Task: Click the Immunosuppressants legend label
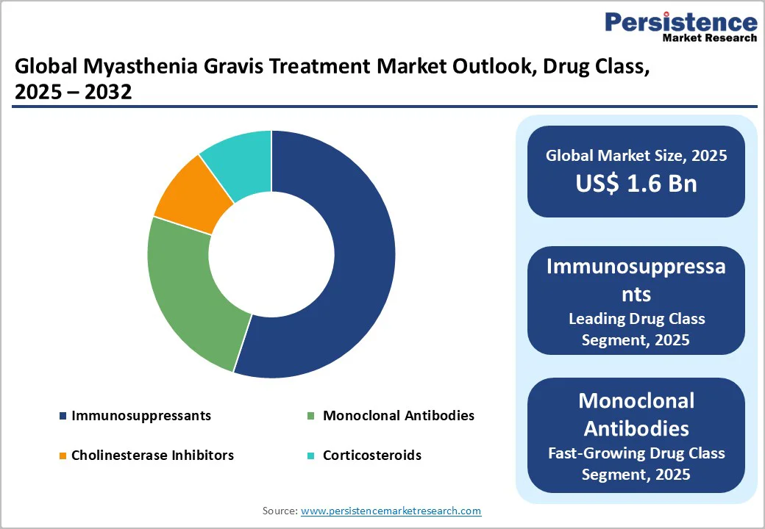tap(141, 416)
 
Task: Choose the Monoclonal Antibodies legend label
tap(398, 416)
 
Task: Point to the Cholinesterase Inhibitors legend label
tap(152, 456)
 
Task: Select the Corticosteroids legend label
tap(372, 456)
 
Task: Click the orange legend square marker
tap(63, 456)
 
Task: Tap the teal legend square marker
tap(310, 456)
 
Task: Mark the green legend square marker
tap(310, 417)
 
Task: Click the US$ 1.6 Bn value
tap(636, 183)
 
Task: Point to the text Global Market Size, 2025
tap(636, 156)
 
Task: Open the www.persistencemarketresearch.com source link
tap(391, 511)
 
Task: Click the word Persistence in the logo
tap(680, 22)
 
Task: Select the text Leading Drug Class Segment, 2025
tap(636, 329)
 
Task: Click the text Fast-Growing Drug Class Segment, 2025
tap(636, 464)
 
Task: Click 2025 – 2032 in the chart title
tap(73, 93)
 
